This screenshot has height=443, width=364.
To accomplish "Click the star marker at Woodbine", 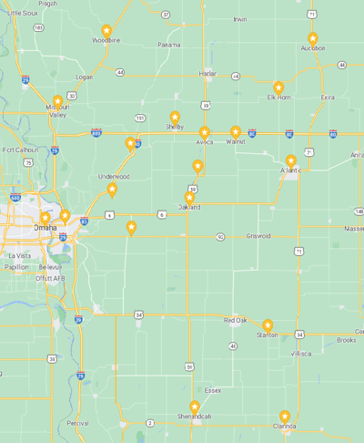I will click(x=106, y=31).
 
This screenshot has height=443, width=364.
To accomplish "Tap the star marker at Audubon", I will click(x=313, y=38).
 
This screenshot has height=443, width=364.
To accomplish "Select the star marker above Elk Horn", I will click(x=278, y=88).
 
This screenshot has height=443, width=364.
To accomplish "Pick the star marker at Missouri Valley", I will click(x=57, y=102).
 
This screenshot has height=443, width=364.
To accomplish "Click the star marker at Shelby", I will click(x=175, y=117).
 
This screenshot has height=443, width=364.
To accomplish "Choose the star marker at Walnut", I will click(x=236, y=132).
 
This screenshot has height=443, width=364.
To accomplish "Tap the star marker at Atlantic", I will click(x=290, y=160).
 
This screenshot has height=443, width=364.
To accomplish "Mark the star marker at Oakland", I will click(x=189, y=197).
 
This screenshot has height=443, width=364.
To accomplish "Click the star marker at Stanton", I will click(x=268, y=325).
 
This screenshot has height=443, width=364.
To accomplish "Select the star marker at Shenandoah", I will click(x=194, y=407).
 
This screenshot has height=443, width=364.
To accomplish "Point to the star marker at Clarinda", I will click(x=285, y=416).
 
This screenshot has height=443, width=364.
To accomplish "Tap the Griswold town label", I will click(x=258, y=235).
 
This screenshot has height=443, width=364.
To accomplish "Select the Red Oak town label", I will click(x=236, y=320).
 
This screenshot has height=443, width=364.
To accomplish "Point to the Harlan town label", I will click(x=207, y=74).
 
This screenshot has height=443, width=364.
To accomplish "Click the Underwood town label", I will click(x=115, y=176).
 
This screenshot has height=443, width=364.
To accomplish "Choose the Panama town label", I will click(x=168, y=45).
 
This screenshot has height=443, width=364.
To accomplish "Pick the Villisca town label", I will click(x=301, y=353).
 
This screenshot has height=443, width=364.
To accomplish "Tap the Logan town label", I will click(x=84, y=77).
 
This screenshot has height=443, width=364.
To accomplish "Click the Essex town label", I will click(x=213, y=390).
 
